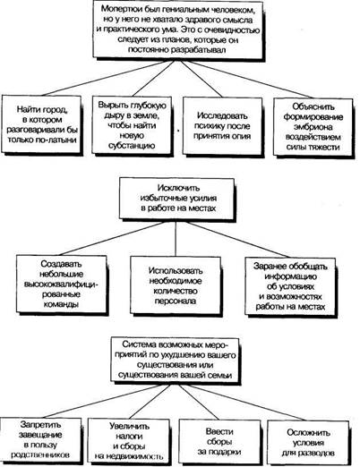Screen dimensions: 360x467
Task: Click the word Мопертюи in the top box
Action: pyautogui.click(x=122, y=9)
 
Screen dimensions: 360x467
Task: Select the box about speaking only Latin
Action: pyautogui.click(x=42, y=124)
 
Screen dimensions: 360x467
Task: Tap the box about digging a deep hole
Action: pyautogui.click(x=133, y=126)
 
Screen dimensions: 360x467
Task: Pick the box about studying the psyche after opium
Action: pyautogui.click(x=223, y=126)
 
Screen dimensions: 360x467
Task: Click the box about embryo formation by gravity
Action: pyautogui.click(x=313, y=128)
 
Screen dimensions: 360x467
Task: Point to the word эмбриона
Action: pyautogui.click(x=313, y=127)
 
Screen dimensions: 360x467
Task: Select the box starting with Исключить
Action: pyautogui.click(x=177, y=200)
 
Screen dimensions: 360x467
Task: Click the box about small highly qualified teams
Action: pyautogui.click(x=62, y=284)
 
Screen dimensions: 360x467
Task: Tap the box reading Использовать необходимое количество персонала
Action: pyautogui.click(x=176, y=285)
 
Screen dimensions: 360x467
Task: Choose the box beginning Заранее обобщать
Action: pyautogui.click(x=291, y=287)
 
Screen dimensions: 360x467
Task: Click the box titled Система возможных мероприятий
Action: pyautogui.click(x=176, y=360)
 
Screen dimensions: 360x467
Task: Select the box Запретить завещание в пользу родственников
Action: pyautogui.click(x=41, y=440)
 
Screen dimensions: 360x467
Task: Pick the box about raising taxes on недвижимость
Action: pyautogui.click(x=130, y=441)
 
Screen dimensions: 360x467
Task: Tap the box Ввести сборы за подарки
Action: pyautogui.click(x=219, y=442)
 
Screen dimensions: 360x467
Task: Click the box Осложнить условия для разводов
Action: pyautogui.click(x=308, y=443)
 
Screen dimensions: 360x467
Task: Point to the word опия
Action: pyautogui.click(x=241, y=136)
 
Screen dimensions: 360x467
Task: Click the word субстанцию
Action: pyautogui.click(x=132, y=146)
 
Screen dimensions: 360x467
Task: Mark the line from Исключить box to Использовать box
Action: pyautogui.click(x=176, y=239)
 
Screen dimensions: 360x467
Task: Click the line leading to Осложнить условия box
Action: pyautogui.click(x=247, y=403)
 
